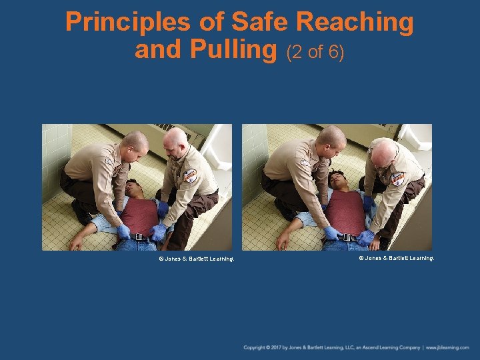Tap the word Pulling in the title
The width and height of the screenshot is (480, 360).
[x=233, y=49]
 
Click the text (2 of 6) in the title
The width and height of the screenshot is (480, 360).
[x=315, y=51]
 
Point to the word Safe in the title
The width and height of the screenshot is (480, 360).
[x=260, y=23]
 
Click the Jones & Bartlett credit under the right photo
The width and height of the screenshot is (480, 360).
[x=397, y=257]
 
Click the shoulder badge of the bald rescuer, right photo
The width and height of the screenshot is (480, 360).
[x=398, y=179]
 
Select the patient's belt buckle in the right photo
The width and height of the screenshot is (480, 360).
[x=347, y=237]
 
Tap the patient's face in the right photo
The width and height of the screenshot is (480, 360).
[x=338, y=181]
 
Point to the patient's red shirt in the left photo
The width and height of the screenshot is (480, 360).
[x=141, y=214]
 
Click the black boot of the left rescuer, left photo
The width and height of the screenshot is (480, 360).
[x=81, y=213]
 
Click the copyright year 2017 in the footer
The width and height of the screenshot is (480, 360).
[x=276, y=347]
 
